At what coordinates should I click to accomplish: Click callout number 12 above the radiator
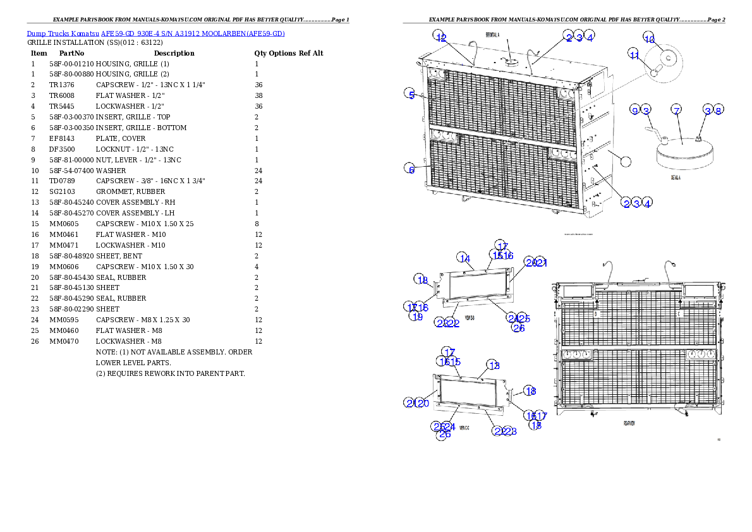coord(440,37)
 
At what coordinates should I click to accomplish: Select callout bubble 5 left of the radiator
coord(411,95)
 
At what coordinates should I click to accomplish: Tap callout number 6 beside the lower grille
coord(411,169)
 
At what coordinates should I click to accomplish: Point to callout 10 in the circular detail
coord(649,38)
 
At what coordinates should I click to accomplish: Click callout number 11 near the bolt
coord(634,55)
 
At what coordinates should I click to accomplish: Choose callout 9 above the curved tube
coord(634,111)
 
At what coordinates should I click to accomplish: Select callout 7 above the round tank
coord(676,111)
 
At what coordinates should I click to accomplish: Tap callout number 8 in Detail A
coord(719,111)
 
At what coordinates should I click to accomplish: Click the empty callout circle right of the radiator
coord(625,160)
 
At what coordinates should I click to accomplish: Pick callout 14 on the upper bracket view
coord(464,258)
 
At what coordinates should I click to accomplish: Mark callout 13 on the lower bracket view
coord(494,365)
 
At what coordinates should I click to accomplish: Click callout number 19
coord(416,317)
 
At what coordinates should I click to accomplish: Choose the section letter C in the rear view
coord(678,313)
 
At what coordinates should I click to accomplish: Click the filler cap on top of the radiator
coord(511,61)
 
